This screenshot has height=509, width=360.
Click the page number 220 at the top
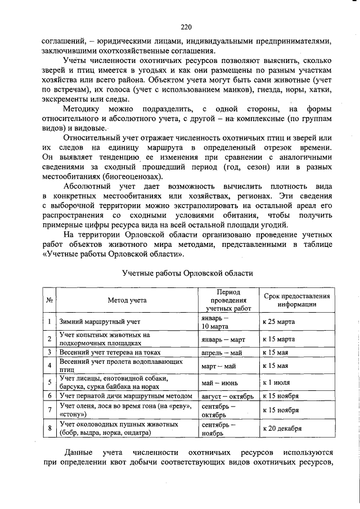(186, 26)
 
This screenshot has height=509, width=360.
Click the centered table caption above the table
(187, 273)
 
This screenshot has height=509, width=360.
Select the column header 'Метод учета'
(127, 300)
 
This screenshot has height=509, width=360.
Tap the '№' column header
(49, 300)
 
